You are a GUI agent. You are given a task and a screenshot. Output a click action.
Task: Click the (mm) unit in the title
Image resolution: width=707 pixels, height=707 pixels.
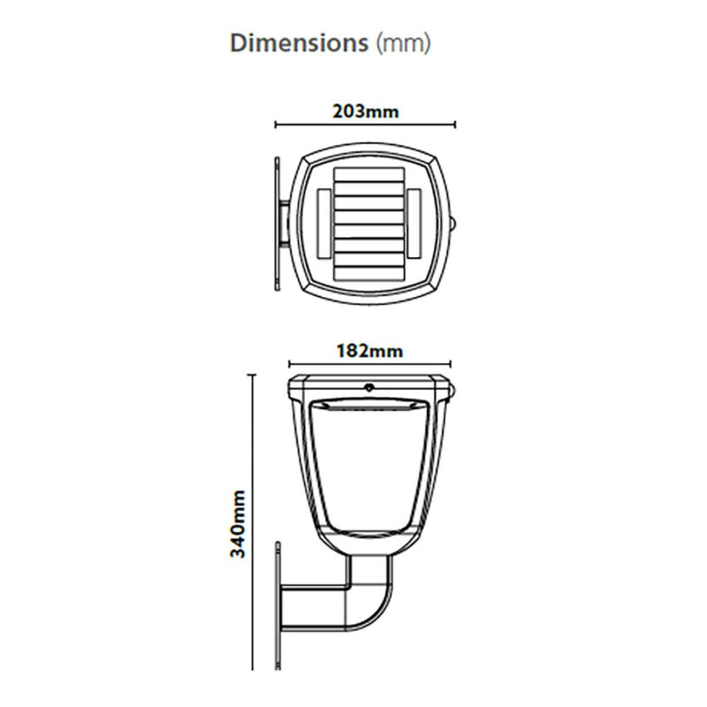pyautogui.click(x=404, y=43)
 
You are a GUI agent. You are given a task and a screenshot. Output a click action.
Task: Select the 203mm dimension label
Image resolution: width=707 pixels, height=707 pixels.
pyautogui.click(x=365, y=112)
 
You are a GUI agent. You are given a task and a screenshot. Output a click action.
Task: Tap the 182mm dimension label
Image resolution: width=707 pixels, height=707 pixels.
pyautogui.click(x=369, y=350)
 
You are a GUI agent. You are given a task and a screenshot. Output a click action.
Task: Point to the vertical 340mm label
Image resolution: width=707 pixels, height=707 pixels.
pyautogui.click(x=237, y=524)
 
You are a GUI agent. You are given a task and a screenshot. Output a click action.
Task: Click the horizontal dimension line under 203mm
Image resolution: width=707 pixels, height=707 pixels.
pyautogui.click(x=365, y=125)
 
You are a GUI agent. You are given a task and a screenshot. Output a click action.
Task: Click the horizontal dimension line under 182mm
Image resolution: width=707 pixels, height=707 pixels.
pyautogui.click(x=369, y=362)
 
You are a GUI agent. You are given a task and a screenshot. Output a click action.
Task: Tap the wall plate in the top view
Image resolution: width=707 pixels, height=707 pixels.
pyautogui.click(x=277, y=224)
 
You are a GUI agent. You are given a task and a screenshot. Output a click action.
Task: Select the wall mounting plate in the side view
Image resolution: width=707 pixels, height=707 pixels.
pyautogui.click(x=278, y=605)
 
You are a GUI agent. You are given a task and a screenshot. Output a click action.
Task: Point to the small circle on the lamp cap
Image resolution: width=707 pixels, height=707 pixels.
pyautogui.click(x=368, y=386)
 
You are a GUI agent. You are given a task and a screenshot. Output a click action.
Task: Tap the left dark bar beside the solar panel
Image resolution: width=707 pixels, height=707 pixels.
pyautogui.click(x=323, y=224)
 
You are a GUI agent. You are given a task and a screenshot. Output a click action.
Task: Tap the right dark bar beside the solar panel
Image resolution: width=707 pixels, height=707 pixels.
pyautogui.click(x=414, y=224)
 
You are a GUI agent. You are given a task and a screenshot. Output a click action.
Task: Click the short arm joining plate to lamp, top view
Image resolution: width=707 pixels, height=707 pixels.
pyautogui.click(x=287, y=224)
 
